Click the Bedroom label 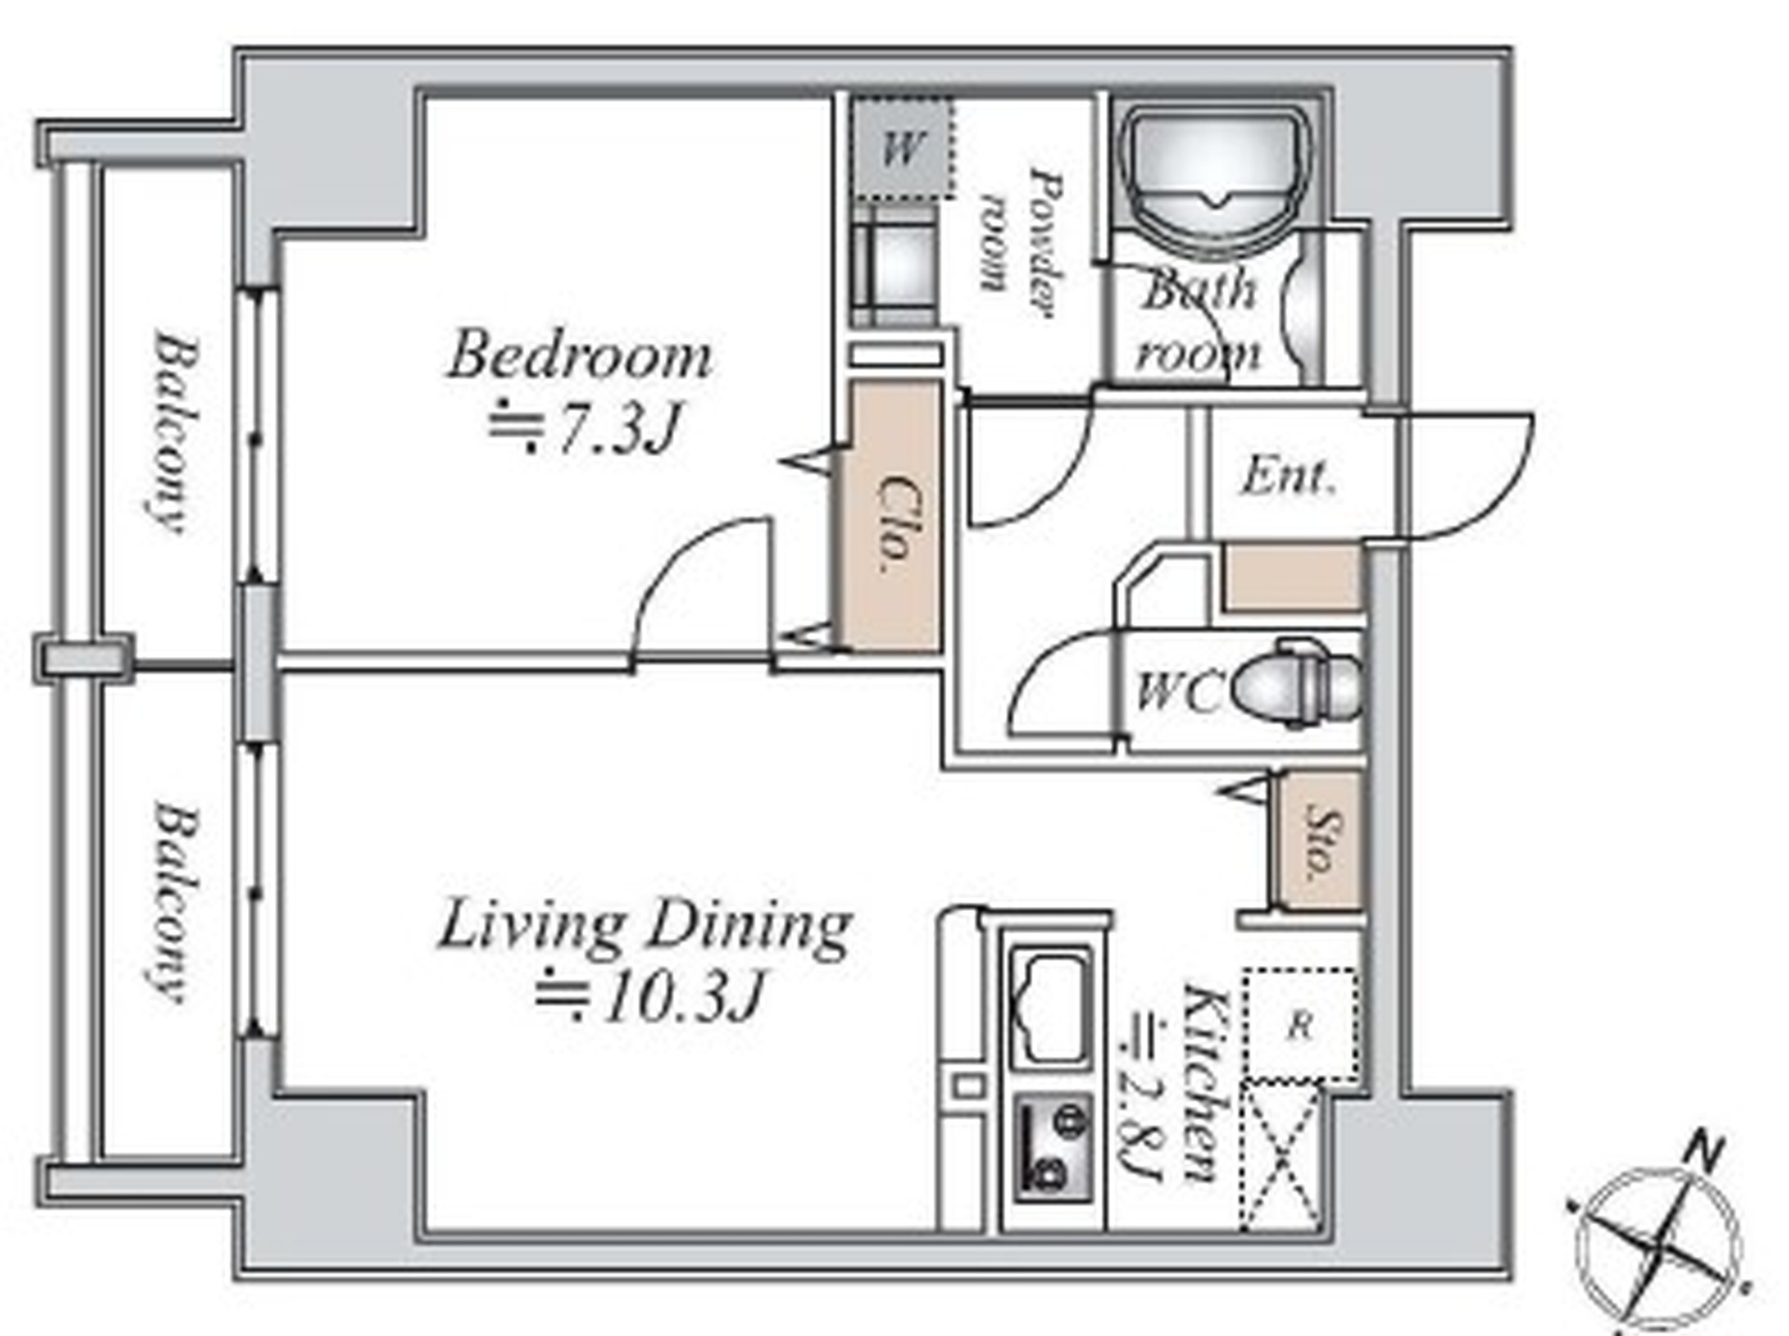click(x=580, y=356)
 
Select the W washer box click(x=903, y=147)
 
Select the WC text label click(x=1176, y=693)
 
